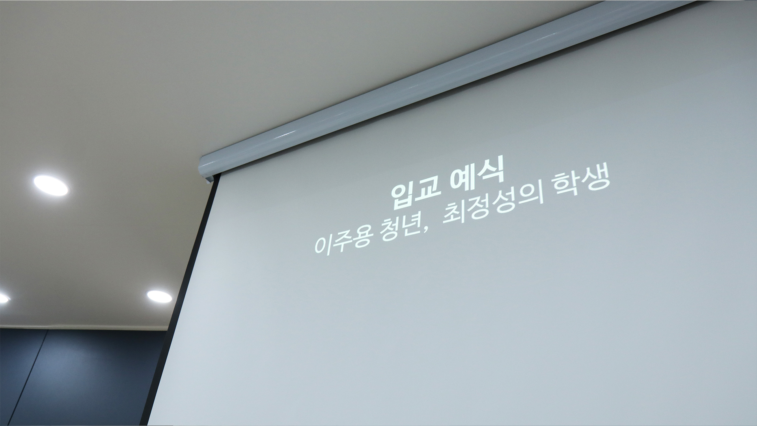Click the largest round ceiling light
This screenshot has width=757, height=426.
[x=51, y=185]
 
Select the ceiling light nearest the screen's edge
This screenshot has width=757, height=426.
[x=159, y=297]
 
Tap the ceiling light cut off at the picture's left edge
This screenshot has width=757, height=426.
[x=4, y=298]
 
